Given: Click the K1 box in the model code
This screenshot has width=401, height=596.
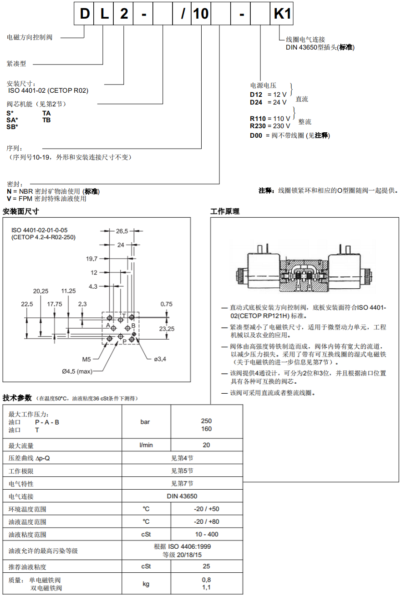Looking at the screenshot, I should [x=282, y=14].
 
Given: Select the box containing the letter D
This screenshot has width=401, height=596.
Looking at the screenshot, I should [x=85, y=14].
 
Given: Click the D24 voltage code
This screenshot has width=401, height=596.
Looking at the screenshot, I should [x=256, y=102].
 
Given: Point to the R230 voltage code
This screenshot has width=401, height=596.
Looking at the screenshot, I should [x=258, y=126].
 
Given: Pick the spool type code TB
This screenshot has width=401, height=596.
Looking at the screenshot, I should [x=46, y=120].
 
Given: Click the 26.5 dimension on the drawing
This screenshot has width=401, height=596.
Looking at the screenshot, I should [x=122, y=231].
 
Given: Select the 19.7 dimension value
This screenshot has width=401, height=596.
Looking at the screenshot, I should [x=92, y=259].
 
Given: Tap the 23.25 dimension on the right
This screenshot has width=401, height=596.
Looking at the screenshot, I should [x=166, y=328].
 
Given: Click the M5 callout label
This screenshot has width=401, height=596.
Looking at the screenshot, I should [x=87, y=359].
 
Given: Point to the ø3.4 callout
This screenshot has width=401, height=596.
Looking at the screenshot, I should [x=160, y=359].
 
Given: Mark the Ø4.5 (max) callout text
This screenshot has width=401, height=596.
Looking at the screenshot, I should [x=77, y=371].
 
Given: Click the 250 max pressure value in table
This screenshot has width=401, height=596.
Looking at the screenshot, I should [x=206, y=421].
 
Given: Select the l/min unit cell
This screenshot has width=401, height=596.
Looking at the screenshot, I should [x=146, y=445].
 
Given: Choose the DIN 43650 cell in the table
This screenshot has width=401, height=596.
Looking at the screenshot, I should [x=182, y=496].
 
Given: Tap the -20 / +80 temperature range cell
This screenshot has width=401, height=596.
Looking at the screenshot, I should [x=206, y=521].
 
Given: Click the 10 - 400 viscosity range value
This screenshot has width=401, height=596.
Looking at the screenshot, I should [x=206, y=534].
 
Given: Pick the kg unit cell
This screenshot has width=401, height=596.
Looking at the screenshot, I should [x=146, y=584].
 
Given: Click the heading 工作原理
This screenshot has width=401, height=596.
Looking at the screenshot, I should [x=225, y=211].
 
